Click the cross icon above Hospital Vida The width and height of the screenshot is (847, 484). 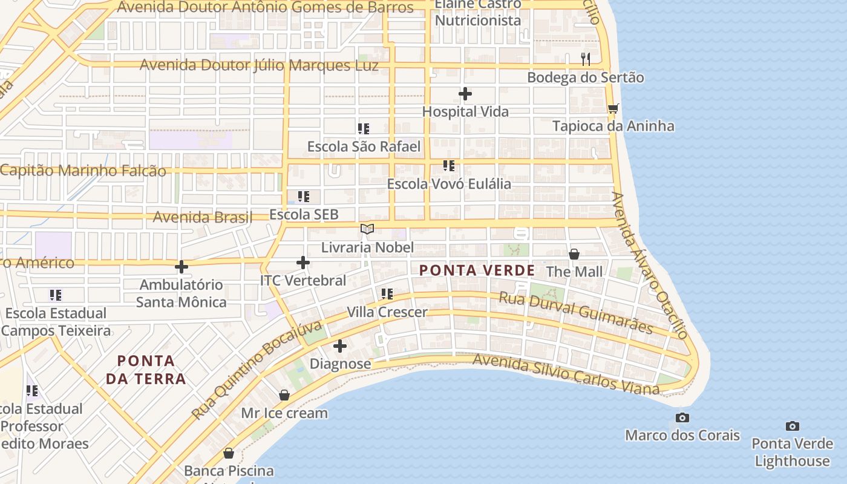(465, 94)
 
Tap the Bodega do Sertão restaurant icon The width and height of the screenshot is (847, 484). (585, 59)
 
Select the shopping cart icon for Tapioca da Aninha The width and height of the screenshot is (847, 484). (613, 108)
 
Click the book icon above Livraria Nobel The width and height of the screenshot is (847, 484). (367, 229)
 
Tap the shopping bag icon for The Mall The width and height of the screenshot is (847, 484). (574, 253)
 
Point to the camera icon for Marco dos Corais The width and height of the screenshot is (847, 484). (682, 417)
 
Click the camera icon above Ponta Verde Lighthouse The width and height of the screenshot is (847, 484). (792, 426)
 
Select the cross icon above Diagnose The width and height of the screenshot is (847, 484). (340, 346)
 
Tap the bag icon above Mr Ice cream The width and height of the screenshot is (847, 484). (284, 395)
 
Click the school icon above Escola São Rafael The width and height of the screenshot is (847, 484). (363, 128)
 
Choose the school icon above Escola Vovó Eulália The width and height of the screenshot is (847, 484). (448, 165)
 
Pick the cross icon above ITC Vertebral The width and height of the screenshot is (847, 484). (303, 263)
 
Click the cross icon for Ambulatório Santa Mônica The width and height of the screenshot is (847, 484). (181, 267)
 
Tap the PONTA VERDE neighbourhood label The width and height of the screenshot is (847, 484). (477, 270)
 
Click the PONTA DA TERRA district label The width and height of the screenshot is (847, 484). (146, 370)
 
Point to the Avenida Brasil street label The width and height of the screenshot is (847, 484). (202, 217)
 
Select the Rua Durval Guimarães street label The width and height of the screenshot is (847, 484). (575, 313)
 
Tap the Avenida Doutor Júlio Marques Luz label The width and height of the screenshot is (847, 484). (259, 65)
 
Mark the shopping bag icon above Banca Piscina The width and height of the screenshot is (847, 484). (229, 453)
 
